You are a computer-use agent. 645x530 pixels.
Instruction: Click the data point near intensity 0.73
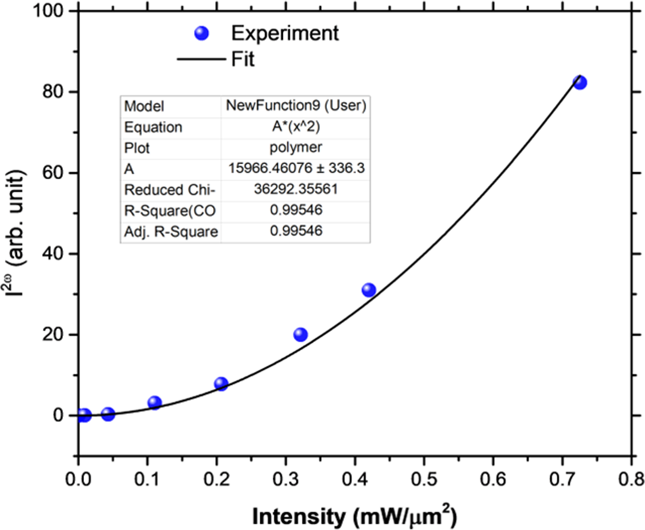coord(579,82)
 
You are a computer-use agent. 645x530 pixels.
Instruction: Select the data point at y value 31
coord(368,290)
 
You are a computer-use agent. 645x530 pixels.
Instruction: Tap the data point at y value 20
coord(300,334)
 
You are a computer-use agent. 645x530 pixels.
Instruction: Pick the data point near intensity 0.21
coord(220,383)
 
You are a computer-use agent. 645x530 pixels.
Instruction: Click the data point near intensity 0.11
coord(155,402)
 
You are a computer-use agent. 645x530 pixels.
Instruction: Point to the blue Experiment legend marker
coord(201,33)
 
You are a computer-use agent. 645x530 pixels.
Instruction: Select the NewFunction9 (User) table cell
coord(296,107)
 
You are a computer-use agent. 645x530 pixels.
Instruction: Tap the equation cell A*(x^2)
coord(296,127)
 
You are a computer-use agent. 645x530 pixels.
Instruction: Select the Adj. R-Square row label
coord(170,232)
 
